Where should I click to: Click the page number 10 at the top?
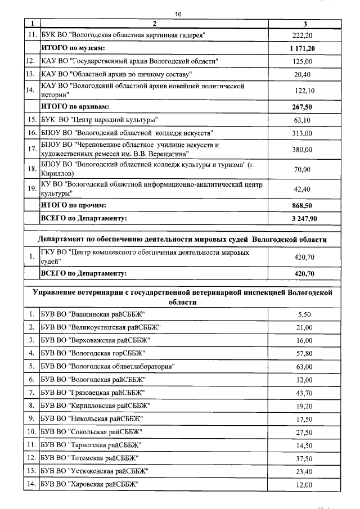178,14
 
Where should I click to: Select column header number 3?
304,24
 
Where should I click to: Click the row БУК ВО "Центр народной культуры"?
99,119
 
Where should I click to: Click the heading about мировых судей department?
182,239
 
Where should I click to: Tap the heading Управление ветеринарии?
182,297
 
